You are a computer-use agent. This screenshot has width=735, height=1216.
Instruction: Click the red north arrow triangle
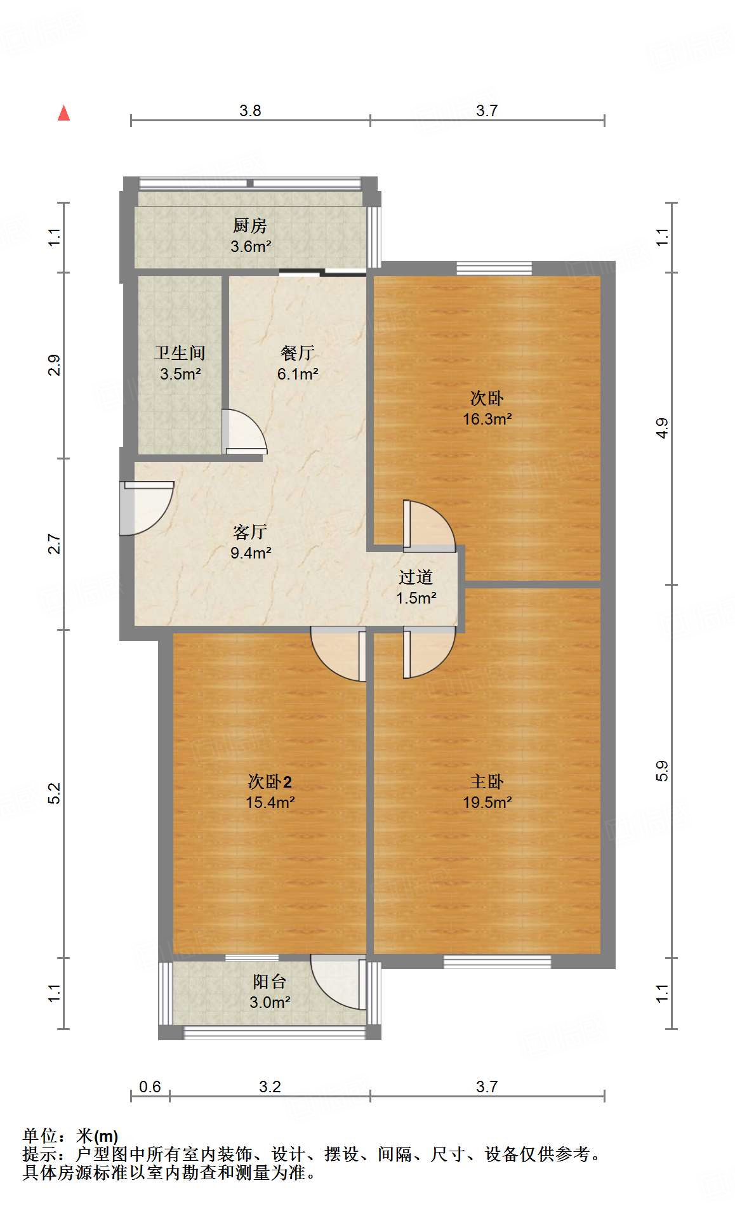pos(63,113)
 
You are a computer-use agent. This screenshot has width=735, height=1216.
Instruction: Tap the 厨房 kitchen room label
pos(249,225)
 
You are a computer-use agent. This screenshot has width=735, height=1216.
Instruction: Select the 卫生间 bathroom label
pos(180,353)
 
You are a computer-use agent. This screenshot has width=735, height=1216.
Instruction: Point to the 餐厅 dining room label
pos(297,353)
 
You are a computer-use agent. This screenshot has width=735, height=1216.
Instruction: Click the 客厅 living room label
pos(250,532)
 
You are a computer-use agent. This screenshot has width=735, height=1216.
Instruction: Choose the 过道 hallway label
pos(416,577)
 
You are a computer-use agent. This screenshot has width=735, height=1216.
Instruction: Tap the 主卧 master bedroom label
pos(487,781)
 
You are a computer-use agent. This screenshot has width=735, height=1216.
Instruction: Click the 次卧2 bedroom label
pos(270,781)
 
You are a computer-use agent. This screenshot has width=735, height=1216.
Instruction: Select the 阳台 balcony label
pos(270,982)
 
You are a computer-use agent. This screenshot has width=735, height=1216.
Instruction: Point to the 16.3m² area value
pos(487,419)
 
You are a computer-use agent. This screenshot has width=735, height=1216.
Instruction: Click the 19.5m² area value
pos(487,802)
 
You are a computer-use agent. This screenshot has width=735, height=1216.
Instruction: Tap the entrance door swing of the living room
pos(147,508)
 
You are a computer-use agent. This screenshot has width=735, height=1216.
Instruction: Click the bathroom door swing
pos(244,432)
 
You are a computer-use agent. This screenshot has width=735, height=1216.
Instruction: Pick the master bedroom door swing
pos(430,652)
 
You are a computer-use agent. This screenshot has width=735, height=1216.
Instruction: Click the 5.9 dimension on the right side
pos(662,770)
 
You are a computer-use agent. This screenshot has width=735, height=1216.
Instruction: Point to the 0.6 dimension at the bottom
pos(150,1087)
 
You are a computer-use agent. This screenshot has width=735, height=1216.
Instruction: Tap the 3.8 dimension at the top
pos(250,110)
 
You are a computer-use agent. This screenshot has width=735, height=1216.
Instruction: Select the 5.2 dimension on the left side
pos(55,793)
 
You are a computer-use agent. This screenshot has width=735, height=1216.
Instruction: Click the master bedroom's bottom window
pos(497,962)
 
